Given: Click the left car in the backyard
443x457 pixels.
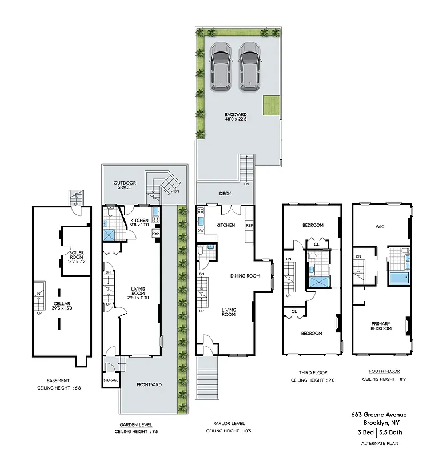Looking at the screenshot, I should coord(220,66).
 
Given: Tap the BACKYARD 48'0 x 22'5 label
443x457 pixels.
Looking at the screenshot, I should coord(236,117).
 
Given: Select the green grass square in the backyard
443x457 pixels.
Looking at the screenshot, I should coord(272,106).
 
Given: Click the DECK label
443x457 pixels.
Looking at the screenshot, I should coord(225,194).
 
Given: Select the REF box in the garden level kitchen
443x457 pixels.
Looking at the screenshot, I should coord(155,233).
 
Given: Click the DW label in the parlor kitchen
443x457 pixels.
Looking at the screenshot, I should coord(201,230).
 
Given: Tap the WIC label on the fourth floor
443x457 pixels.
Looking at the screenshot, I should coord(380,227).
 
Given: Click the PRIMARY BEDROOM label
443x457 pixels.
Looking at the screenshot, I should coord(381,326).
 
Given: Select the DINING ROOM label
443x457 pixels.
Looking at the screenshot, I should coord(245,276).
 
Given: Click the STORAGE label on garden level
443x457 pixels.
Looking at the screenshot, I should coord(111,380).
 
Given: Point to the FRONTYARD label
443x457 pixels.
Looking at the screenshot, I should coord(149,385).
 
